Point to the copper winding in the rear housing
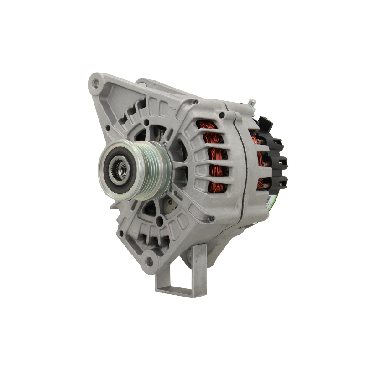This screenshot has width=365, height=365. pyautogui.click(x=261, y=157)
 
